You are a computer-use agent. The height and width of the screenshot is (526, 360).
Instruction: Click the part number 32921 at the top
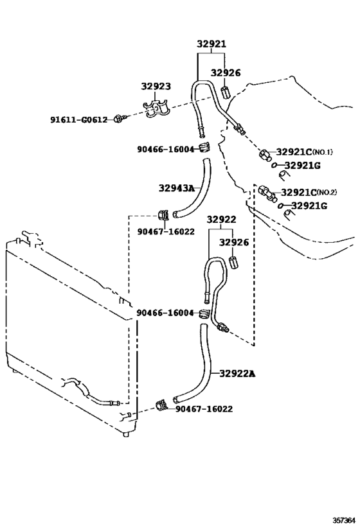click(212, 45)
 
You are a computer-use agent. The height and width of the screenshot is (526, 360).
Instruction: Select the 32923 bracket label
click(156, 85)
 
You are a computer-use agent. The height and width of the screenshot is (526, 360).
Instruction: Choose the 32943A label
click(176, 188)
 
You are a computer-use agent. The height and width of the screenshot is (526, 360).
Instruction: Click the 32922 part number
click(222, 220)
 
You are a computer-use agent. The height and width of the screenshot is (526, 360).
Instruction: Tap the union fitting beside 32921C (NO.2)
click(265, 191)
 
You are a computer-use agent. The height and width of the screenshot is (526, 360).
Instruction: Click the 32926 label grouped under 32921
click(226, 73)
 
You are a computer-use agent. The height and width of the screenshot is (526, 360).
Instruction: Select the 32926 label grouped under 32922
click(234, 242)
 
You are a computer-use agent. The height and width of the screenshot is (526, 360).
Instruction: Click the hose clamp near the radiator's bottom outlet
click(162, 405)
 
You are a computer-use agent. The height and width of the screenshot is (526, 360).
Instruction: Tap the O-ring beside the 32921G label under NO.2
click(282, 206)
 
